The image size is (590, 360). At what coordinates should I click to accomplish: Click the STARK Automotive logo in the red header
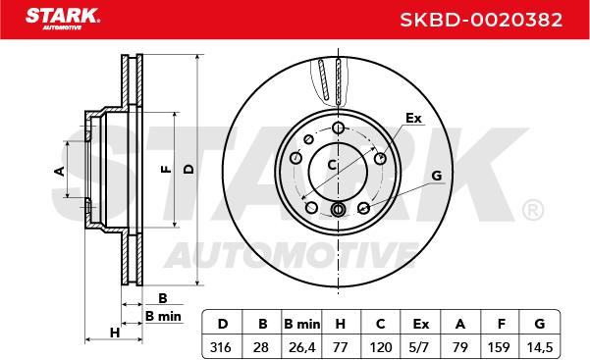click(x=63, y=19)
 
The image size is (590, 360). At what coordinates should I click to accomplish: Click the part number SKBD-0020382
click(x=481, y=20)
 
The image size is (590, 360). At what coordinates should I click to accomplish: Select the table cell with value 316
click(x=223, y=347)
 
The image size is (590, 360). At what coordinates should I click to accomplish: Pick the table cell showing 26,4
click(x=301, y=347)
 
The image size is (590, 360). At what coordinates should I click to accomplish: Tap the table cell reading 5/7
click(x=420, y=347)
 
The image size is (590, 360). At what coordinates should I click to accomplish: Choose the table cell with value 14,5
click(x=539, y=347)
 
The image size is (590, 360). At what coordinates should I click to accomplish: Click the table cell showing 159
click(x=500, y=347)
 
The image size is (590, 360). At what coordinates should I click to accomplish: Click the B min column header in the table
click(x=301, y=323)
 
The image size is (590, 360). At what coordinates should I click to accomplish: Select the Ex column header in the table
click(x=420, y=323)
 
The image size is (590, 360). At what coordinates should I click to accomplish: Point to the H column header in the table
click(x=341, y=323)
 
